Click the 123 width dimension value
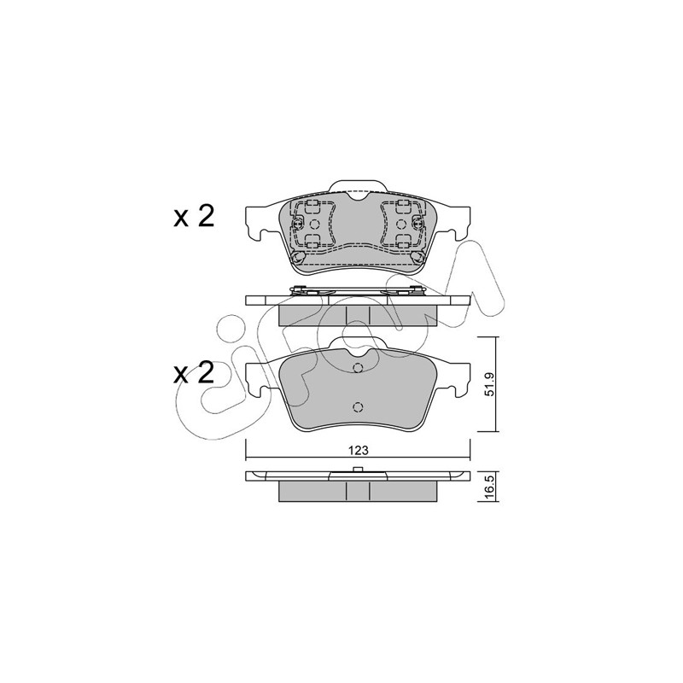click(x=358, y=450)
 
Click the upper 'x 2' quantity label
click(x=195, y=217)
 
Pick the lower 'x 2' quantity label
click(x=195, y=373)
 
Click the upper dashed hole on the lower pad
click(x=358, y=368)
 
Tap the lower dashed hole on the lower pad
click(x=358, y=407)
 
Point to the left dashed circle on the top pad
click(x=314, y=224)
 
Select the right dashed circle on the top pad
click(x=400, y=224)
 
